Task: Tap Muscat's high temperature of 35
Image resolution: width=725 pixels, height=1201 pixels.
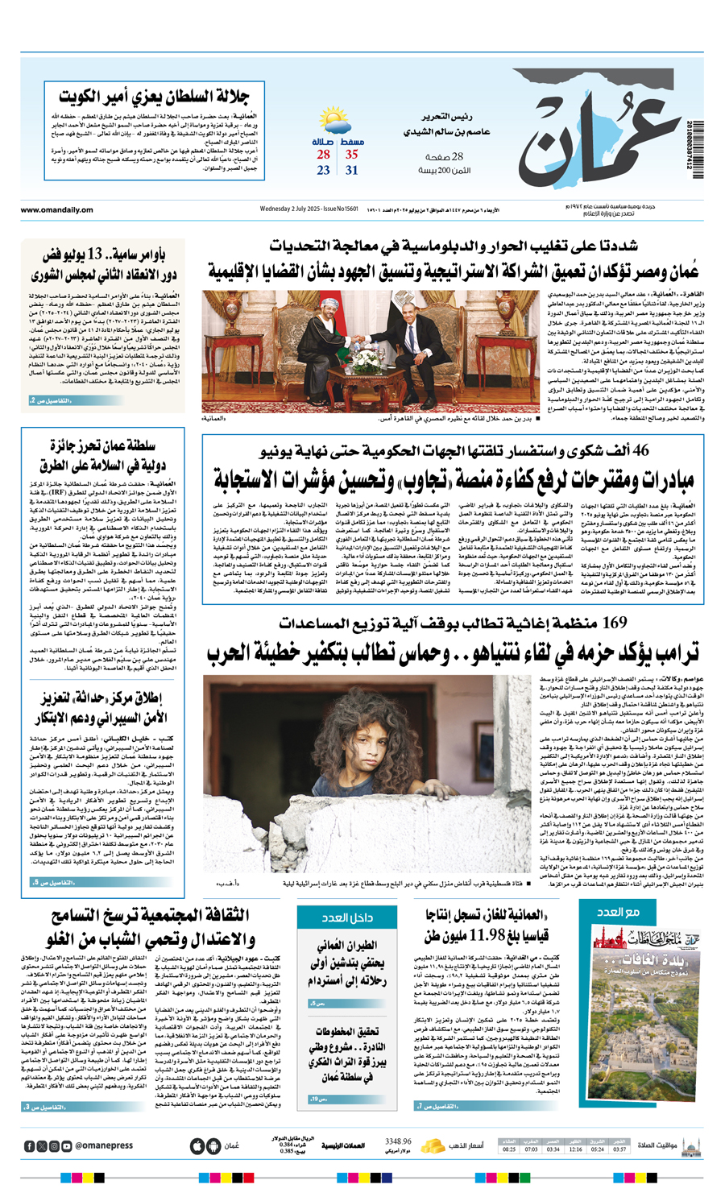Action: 352,154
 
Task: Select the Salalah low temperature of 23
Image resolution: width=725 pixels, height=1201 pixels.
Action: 323,170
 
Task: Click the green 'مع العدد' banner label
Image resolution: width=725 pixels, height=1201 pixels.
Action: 620,912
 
